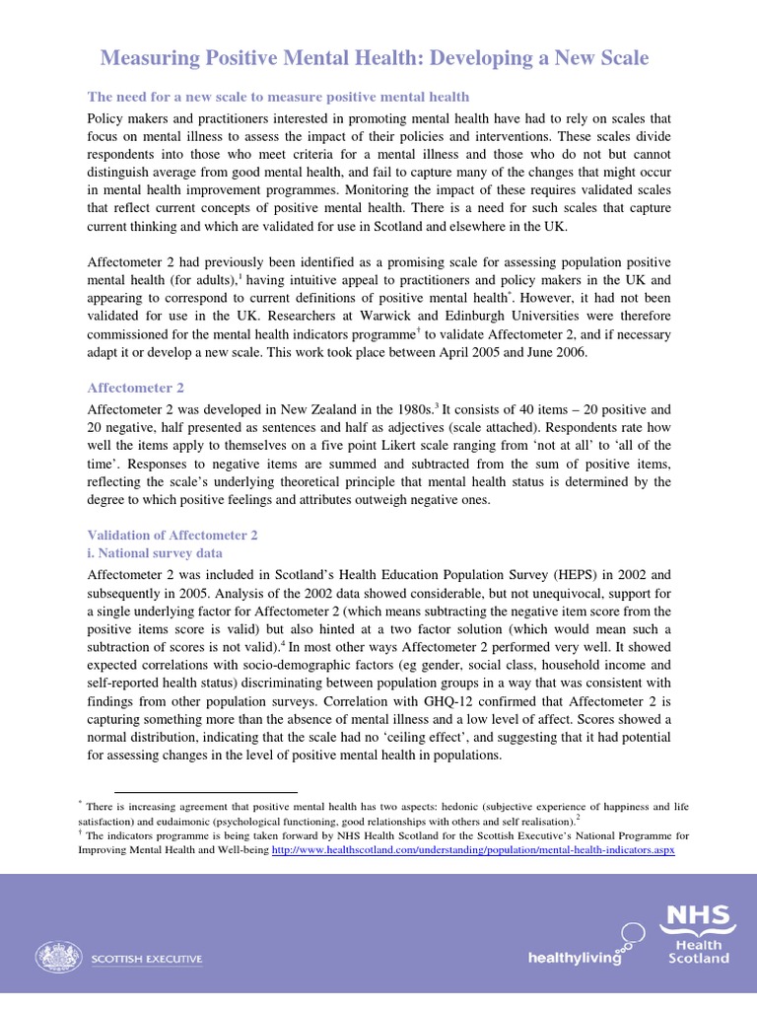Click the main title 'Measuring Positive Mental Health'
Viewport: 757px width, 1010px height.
point(375,58)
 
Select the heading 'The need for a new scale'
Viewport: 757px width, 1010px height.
point(279,97)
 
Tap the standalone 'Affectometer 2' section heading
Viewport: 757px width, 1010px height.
point(136,389)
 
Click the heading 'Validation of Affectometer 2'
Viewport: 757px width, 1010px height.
point(173,535)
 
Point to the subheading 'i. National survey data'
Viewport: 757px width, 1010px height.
point(156,553)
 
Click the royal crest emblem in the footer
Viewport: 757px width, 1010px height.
point(59,957)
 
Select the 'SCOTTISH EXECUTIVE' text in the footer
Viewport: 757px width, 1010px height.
point(148,958)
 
